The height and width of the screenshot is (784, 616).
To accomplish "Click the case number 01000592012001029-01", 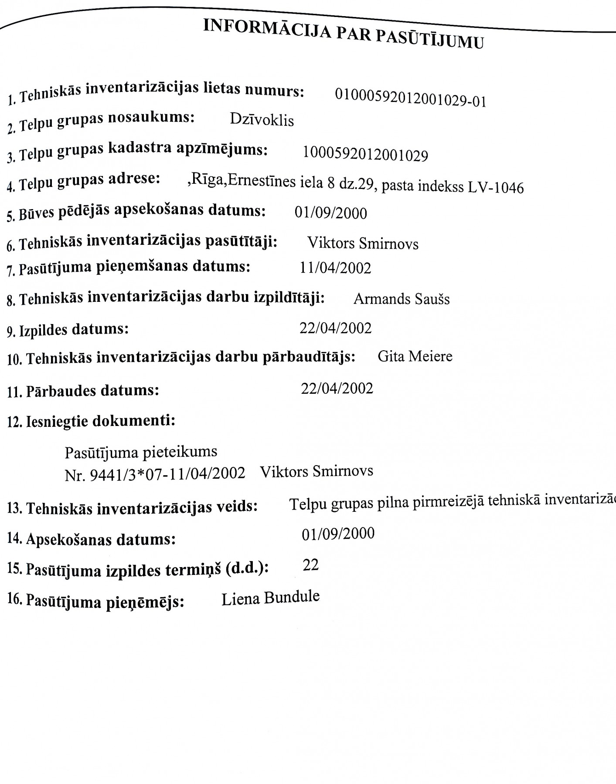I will click(410, 98).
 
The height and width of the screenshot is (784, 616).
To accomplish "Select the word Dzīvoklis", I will click(262, 120).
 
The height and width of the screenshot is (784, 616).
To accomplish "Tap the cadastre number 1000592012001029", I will click(365, 154).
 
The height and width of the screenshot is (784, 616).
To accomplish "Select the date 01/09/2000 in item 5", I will click(331, 213).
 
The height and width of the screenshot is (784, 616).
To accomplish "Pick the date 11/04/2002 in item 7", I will click(335, 268).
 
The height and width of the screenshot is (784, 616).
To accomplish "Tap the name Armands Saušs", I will click(402, 299).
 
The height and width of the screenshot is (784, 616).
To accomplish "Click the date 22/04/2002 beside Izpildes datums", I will click(336, 328).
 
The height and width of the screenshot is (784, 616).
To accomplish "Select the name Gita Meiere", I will click(415, 357).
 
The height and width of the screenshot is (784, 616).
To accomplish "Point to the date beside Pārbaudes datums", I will click(337, 388).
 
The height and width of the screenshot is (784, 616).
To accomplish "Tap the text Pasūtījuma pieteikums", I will click(141, 452).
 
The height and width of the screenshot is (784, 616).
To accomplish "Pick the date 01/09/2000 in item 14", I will click(338, 534).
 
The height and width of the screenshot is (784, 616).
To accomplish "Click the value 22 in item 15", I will click(310, 565).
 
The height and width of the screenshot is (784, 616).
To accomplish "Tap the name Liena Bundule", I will click(270, 598).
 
